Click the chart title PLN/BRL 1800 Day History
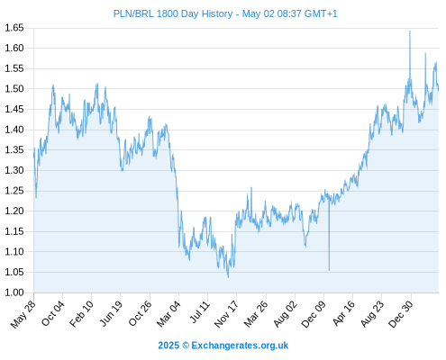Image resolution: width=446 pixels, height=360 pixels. (173, 13)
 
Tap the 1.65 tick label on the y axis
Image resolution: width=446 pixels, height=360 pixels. (14, 28)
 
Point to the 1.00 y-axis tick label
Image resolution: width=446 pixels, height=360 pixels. (14, 292)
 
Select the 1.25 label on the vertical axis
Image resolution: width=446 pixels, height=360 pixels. (14, 191)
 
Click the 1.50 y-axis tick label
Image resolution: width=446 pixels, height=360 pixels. (14, 89)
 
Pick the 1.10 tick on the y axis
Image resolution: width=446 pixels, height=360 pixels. (14, 252)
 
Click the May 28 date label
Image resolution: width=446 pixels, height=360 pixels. (23, 314)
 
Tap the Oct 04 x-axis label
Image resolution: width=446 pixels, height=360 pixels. (53, 313)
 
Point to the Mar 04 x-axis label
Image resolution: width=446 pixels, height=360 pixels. (168, 314)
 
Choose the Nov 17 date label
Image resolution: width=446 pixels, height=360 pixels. (226, 314)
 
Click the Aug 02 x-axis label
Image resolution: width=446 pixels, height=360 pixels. (286, 314)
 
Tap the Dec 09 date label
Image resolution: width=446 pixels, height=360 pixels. (314, 314)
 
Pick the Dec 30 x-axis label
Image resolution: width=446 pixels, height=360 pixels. (401, 314)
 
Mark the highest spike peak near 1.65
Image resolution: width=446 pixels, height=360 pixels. (410, 31)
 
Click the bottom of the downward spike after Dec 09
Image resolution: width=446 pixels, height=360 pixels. (329, 270)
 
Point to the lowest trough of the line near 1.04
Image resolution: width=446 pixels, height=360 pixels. (228, 277)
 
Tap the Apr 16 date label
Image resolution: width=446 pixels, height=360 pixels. (344, 314)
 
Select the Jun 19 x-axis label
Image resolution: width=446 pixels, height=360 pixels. (111, 314)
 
